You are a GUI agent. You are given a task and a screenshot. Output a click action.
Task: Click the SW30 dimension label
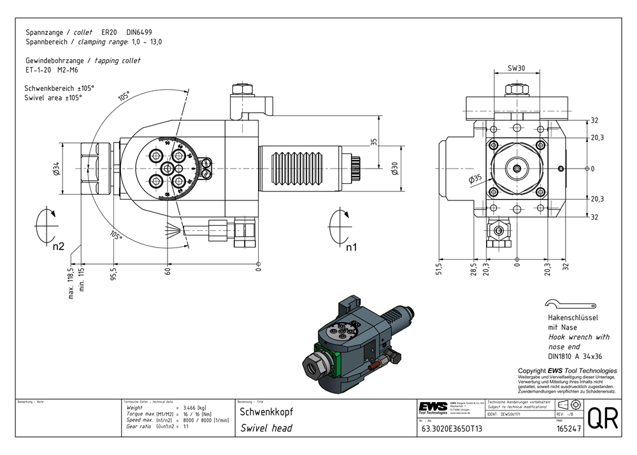(517, 68)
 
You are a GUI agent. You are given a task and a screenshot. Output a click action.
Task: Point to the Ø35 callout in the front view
(475, 180)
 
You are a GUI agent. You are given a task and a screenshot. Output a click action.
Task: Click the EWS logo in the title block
(433, 407)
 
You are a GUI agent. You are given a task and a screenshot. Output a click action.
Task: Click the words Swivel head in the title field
(266, 428)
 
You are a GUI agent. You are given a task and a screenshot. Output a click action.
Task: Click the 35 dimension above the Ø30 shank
(375, 142)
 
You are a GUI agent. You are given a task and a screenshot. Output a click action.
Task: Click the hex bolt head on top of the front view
(516, 89)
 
